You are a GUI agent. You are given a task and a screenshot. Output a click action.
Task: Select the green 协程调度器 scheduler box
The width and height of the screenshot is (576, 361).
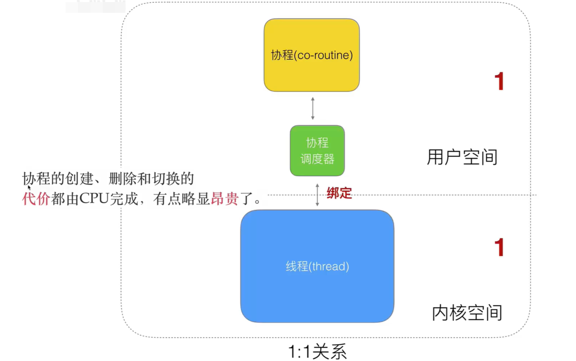tap(317, 151)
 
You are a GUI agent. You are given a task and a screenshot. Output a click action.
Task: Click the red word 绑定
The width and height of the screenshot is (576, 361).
tap(339, 193)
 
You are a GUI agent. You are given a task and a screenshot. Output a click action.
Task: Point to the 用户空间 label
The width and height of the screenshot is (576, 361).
tap(462, 157)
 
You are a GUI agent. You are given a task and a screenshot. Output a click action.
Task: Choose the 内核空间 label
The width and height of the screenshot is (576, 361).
tap(467, 313)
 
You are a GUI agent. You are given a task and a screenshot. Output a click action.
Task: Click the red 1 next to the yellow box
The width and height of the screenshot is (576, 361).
tap(499, 81)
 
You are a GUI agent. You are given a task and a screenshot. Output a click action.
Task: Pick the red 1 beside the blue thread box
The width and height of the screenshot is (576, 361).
tap(499, 248)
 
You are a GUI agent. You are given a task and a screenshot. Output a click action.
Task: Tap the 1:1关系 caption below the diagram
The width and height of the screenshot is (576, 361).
tap(317, 352)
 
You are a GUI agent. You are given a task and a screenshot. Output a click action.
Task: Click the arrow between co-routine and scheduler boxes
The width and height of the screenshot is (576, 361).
tap(313, 109)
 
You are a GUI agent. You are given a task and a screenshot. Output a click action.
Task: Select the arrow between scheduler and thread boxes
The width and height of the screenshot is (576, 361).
tap(317, 195)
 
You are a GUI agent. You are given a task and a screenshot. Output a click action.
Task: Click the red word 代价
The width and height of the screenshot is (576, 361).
tap(36, 199)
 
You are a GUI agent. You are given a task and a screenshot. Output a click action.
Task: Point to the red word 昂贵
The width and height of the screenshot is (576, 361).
tap(224, 199)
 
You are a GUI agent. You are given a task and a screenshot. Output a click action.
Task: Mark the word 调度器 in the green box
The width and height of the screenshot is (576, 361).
tap(317, 159)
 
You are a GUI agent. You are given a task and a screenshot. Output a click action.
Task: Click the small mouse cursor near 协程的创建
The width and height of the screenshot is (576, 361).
tap(29, 187)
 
